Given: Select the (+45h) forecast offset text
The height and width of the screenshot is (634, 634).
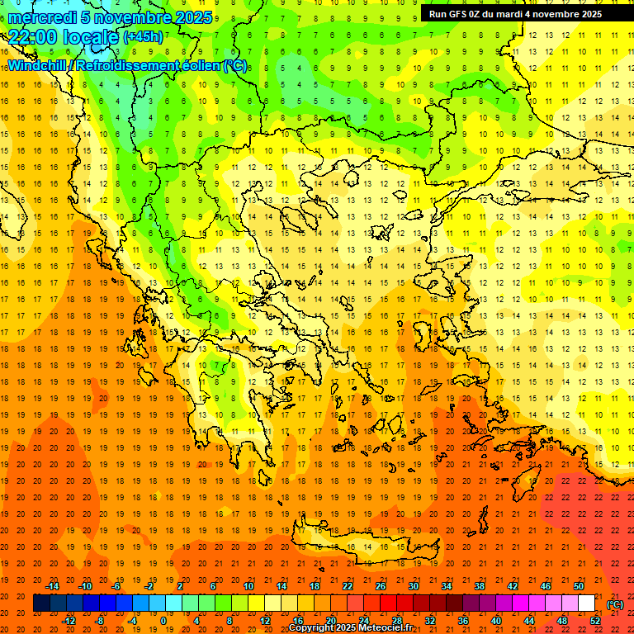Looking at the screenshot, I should point(142,37).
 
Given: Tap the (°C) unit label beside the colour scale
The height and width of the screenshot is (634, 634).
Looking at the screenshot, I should point(615,604).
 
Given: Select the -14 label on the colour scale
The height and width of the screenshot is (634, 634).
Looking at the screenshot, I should point(53,586).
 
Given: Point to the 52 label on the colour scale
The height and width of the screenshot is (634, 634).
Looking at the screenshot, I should point(595,621).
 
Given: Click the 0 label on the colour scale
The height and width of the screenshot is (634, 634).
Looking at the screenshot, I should point(163,621).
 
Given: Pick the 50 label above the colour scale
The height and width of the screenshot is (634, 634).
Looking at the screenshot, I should point(579,586).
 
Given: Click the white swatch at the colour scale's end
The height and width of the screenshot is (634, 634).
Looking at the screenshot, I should point(587,603).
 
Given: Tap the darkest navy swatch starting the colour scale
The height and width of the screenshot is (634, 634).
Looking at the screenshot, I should point(41,603).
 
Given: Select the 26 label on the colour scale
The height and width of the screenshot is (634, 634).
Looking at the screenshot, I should point(381,586).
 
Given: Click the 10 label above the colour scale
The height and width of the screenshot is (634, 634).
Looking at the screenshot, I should point(248,586).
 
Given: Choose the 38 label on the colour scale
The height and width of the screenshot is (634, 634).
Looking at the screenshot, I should point(480,586).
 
